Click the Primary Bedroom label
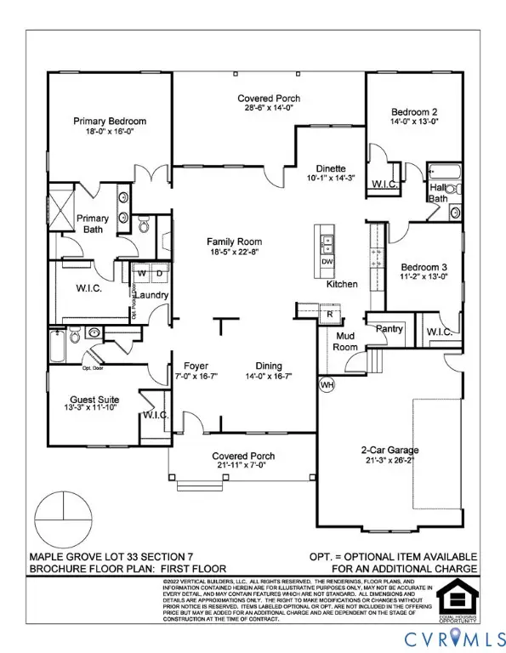pyautogui.click(x=109, y=122)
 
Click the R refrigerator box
pyautogui.click(x=329, y=315)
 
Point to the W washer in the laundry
pyautogui.click(x=142, y=275)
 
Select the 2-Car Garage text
pyautogui.click(x=387, y=451)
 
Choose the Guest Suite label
pyautogui.click(x=94, y=400)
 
